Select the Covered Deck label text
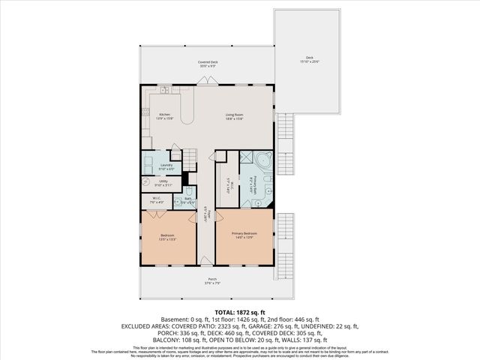coord(208,61)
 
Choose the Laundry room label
coord(166,165)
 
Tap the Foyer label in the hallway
coord(205,217)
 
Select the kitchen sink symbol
coord(163,91)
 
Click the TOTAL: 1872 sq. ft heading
coord(240,311)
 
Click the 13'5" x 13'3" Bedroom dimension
coord(167,239)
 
